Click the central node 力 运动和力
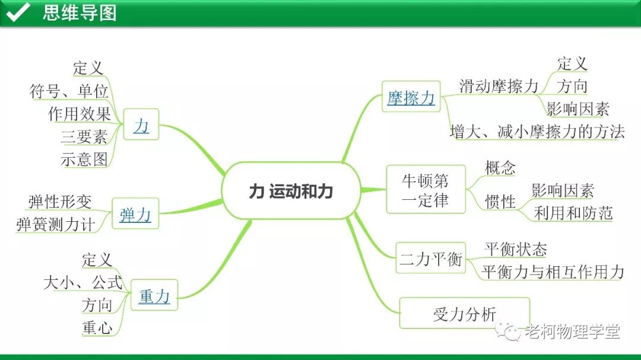point(291,191)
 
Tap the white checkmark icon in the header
point(18,12)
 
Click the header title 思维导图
point(80,12)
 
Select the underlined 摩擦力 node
point(411,97)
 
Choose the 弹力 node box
point(135,215)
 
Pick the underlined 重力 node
point(154,295)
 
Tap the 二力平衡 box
point(430,259)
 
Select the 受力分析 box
point(464,314)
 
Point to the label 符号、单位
point(69,92)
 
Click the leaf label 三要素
point(84,137)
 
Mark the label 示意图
point(84,159)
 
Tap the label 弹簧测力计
point(55,224)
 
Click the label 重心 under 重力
point(97,327)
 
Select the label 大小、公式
point(82,282)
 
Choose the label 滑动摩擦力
point(499,86)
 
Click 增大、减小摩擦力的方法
point(537,132)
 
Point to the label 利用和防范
point(573,213)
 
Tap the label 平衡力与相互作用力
point(553,272)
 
